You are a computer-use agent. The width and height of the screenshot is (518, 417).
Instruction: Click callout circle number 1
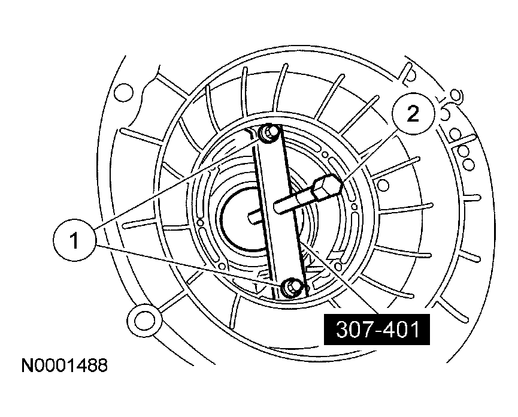(75, 241)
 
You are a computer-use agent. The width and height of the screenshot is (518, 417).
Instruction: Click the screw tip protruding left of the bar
(255, 217)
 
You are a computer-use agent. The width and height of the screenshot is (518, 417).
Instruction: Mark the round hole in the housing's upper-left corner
(123, 92)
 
